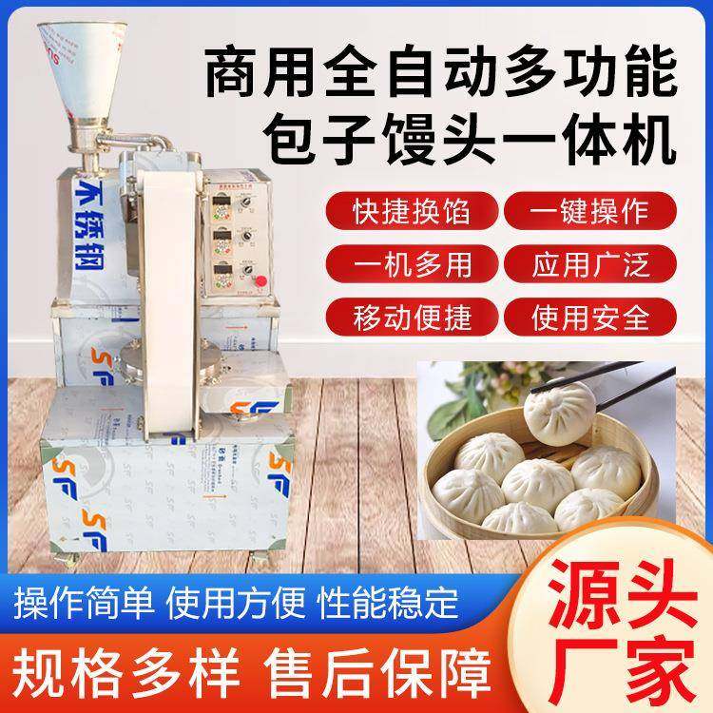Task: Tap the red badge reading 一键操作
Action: point(590,208)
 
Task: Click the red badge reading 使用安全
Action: point(590,315)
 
